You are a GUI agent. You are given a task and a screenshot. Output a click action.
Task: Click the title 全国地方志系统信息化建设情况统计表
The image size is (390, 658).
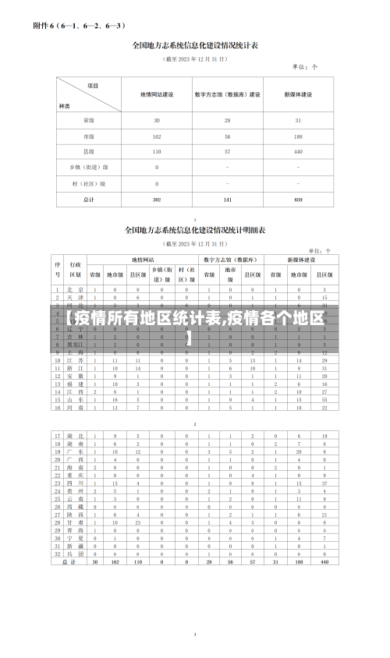coord(196,45)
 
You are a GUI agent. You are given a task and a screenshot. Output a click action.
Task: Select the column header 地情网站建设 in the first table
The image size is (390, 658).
coord(157,95)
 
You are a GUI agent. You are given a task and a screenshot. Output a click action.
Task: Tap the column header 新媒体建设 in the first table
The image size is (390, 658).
coord(298,95)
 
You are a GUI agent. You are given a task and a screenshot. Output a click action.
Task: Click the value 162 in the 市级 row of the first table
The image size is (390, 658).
coord(157,136)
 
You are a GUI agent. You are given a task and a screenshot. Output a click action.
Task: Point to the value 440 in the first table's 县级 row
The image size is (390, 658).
coord(298,152)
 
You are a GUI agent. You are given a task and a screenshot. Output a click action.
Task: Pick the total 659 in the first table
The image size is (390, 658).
coord(298,200)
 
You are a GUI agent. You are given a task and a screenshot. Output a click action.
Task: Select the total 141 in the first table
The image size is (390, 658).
coord(228,200)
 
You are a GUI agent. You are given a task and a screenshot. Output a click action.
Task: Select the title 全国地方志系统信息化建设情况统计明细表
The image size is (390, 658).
coord(196,231)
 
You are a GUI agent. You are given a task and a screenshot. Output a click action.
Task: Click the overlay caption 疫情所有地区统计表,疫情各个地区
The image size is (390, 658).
coord(195,321)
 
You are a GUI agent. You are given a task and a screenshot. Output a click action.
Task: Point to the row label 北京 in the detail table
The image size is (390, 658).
coord(75,289)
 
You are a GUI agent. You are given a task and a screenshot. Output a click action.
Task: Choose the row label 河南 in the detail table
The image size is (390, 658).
coord(75,407)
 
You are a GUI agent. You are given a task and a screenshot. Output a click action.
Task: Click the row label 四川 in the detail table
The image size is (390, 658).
coord(75,483)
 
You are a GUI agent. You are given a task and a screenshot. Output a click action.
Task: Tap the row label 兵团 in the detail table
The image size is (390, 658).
coord(75,554)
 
